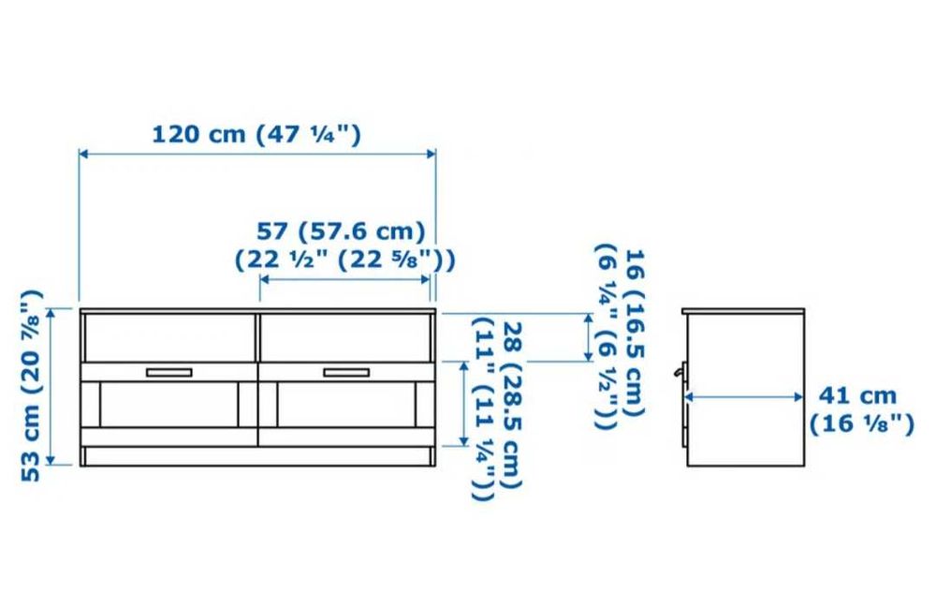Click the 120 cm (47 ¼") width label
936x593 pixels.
(x=256, y=134)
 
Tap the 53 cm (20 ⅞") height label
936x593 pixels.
(x=31, y=385)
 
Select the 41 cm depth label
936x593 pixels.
(x=857, y=395)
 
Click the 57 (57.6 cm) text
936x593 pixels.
(x=341, y=230)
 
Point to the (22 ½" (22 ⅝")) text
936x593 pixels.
(x=344, y=259)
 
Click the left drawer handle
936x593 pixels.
(x=169, y=373)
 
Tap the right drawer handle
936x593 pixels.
(x=346, y=373)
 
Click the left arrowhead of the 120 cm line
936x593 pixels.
(x=83, y=154)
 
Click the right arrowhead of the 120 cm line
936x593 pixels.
(x=431, y=154)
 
